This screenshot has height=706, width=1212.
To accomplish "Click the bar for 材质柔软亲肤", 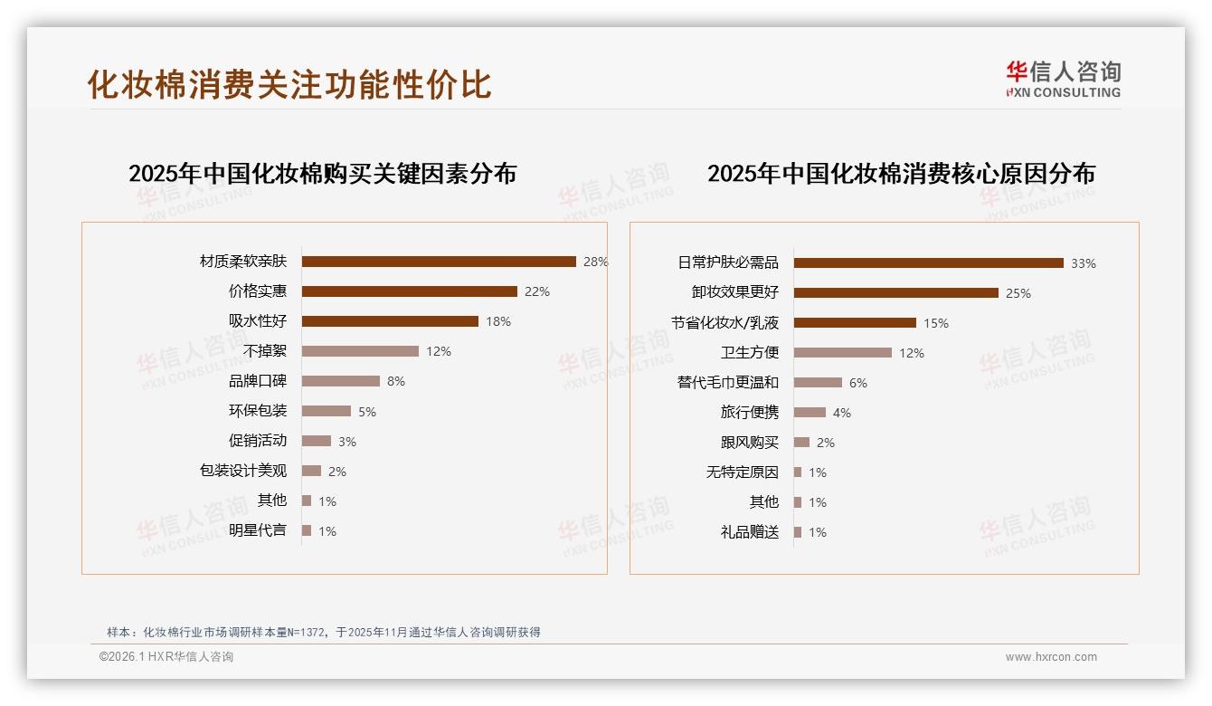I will pos(439,262).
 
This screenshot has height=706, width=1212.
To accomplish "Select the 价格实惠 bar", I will pos(409,291).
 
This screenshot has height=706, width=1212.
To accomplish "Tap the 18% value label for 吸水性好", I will pos(497,321).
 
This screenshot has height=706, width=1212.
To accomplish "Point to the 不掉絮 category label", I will pos(265,351).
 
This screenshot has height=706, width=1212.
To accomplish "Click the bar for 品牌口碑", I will pos(340,381).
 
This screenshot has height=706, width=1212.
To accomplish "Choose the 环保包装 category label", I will pos(258,411).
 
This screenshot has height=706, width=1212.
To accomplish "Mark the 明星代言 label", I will pos(258,530).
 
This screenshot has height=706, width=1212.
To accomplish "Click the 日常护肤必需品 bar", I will pos(928,263).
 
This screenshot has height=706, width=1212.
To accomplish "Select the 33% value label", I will pos(1083,263).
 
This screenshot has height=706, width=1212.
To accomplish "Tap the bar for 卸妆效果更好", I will pos(895,293).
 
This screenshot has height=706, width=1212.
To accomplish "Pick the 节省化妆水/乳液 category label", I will pos(724,323).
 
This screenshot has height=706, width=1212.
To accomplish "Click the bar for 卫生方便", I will pos(842,353).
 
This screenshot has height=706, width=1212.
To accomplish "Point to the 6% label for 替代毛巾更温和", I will pos(857,383).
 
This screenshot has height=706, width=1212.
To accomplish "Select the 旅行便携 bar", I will pos(810,413).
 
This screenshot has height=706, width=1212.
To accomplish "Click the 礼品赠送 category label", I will pos(750,532).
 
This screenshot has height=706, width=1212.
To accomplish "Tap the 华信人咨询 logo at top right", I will pos(1063,79).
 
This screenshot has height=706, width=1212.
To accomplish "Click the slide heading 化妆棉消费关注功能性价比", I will pos(289,84).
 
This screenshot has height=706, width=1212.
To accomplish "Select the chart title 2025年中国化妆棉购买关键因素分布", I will pos(322,174).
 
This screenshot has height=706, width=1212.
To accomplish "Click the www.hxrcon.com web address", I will pos(1051,657).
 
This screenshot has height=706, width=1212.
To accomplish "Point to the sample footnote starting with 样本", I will pos(324,632).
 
